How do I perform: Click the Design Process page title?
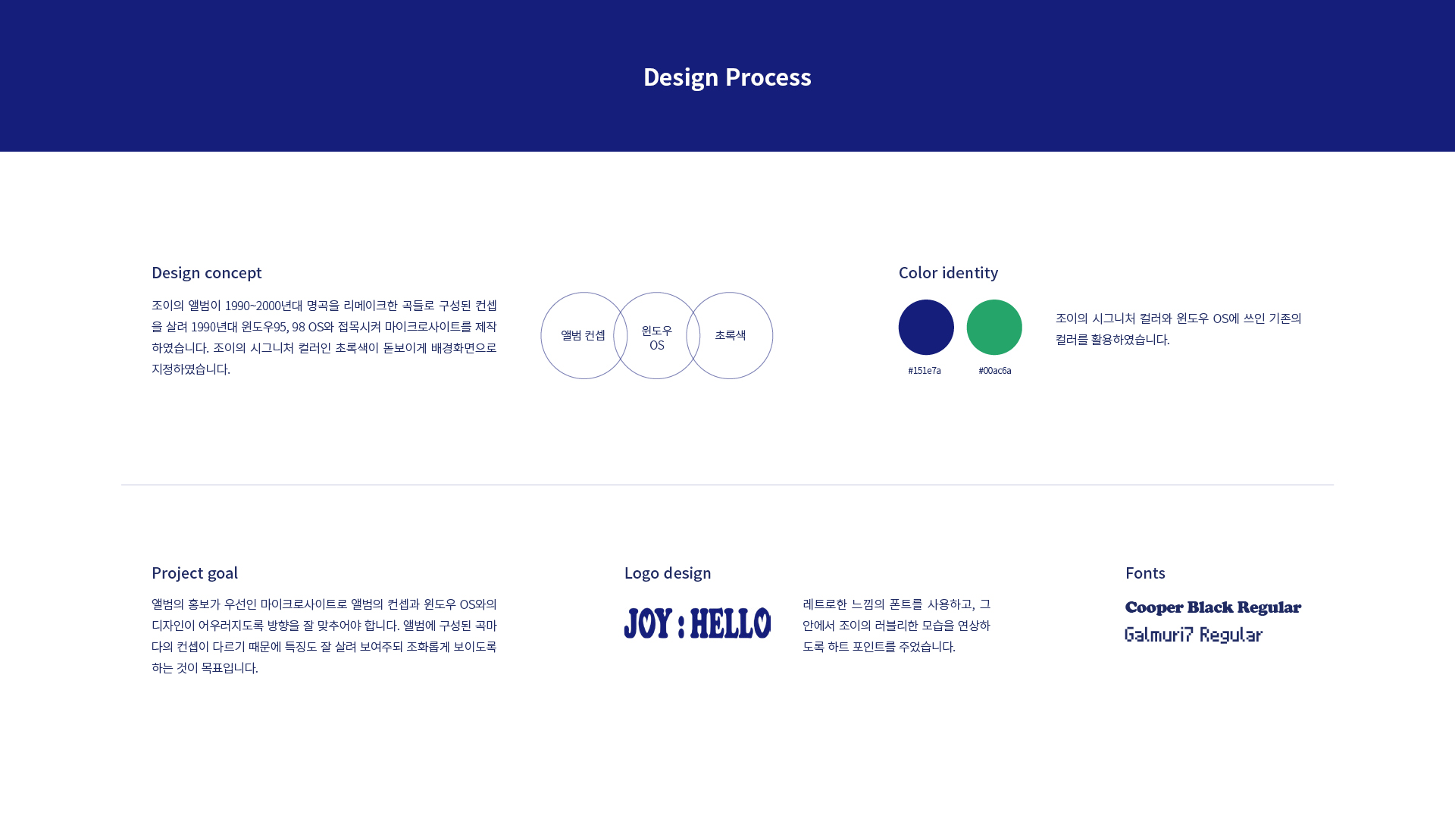tap(727, 77)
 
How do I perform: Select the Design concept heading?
tap(207, 272)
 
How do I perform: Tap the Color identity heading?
tap(948, 272)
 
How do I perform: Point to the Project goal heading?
tap(195, 573)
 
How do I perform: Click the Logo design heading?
tap(668, 573)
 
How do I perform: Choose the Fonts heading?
tap(1145, 573)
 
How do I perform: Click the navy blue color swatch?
tap(926, 327)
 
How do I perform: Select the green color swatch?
tap(994, 327)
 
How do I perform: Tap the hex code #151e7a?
tap(925, 370)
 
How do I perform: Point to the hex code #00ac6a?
tap(995, 370)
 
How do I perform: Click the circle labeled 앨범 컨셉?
tap(541, 335)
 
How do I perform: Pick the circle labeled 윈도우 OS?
tap(657, 293)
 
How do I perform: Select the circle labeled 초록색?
tap(773, 335)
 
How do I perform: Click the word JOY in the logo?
tap(648, 623)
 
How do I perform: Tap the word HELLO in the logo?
tap(731, 623)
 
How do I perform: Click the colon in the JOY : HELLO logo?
tap(681, 626)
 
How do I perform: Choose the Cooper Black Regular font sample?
tap(1213, 607)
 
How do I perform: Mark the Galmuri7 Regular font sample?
tap(1194, 635)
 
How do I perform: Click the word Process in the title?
tap(768, 77)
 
